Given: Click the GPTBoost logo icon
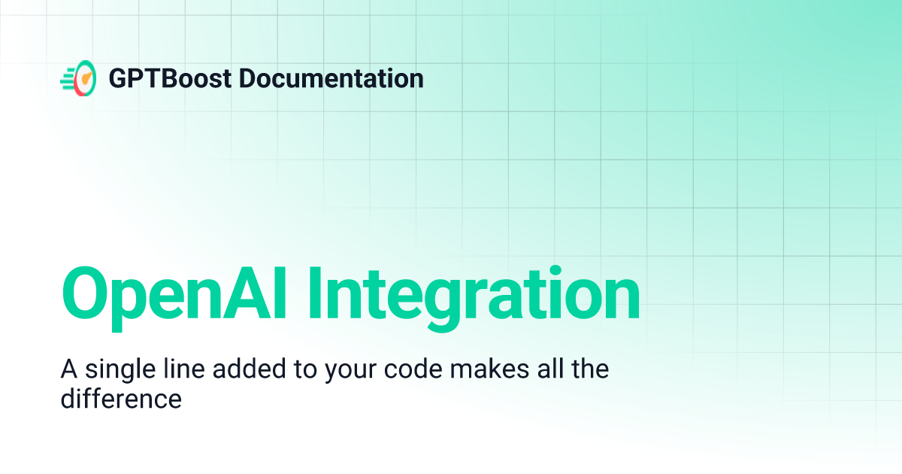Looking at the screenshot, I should point(78,78).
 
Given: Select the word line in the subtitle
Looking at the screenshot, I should point(180,370).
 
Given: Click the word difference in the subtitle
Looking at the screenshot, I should point(120,398).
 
